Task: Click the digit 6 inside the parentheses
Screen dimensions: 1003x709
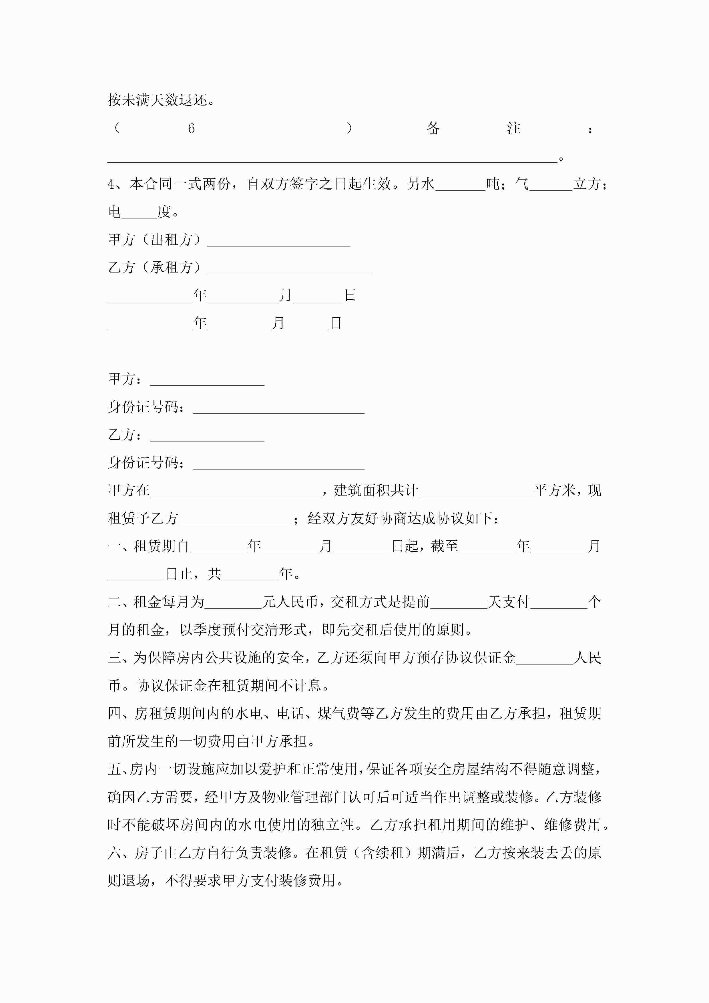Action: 191,128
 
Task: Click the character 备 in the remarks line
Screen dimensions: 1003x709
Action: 433,128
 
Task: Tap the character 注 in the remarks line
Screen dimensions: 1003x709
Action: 514,128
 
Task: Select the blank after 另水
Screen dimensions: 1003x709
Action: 461,186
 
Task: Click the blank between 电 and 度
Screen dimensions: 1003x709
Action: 139,214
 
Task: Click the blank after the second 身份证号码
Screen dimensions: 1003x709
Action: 279,465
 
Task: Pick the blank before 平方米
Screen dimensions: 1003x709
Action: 476,493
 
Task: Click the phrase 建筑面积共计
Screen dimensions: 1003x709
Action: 376,491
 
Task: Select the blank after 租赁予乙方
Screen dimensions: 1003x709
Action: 236,521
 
